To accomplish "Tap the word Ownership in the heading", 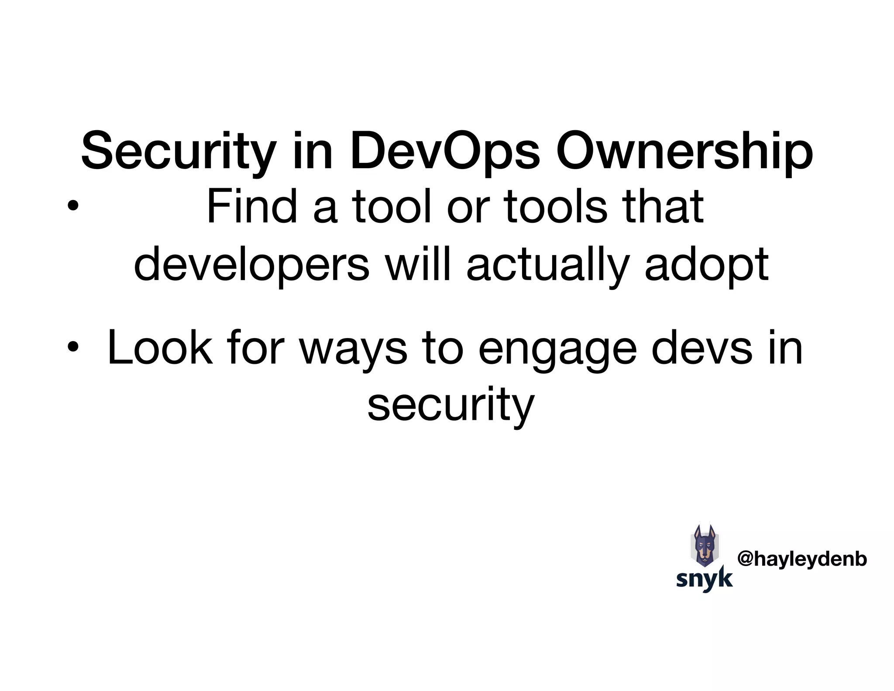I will pyautogui.click(x=684, y=151).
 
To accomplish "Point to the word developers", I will pyautogui.click(x=251, y=265).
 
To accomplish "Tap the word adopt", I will pyautogui.click(x=706, y=265).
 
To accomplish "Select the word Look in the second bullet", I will pyautogui.click(x=160, y=348).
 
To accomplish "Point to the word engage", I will pyautogui.click(x=557, y=348).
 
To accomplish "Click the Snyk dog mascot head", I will pyautogui.click(x=705, y=546).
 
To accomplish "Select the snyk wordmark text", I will pyautogui.click(x=704, y=579).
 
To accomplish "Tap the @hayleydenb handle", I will pyautogui.click(x=801, y=559).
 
